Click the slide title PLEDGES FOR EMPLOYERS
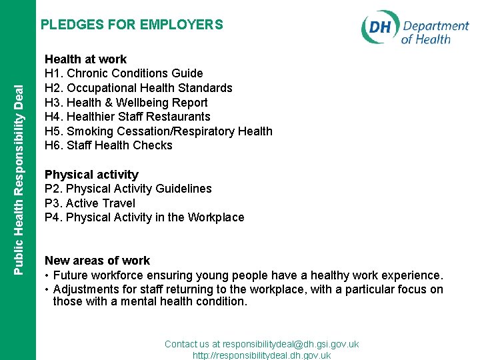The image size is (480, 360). click(x=132, y=25)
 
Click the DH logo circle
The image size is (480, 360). click(x=380, y=28)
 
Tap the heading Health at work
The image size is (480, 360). click(x=85, y=59)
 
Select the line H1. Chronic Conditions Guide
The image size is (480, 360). click(x=123, y=73)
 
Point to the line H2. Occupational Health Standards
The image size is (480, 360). click(x=138, y=88)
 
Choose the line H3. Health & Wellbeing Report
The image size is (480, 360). click(x=126, y=103)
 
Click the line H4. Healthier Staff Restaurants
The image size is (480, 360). click(x=127, y=117)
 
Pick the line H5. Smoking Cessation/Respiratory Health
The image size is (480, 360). click(x=158, y=131)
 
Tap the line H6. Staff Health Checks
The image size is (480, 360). click(x=108, y=145)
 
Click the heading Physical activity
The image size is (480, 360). click(x=91, y=175)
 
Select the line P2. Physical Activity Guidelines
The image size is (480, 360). click(x=128, y=189)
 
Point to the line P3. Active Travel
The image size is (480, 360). click(x=89, y=203)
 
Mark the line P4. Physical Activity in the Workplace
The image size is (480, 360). click(x=144, y=217)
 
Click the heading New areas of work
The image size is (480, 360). click(x=97, y=261)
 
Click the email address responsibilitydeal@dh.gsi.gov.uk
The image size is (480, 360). click(x=291, y=344)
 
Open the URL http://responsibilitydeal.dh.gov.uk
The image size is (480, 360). click(x=261, y=355)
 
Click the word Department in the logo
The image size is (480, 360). click(x=435, y=27)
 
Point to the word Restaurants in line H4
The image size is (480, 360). click(x=182, y=117)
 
